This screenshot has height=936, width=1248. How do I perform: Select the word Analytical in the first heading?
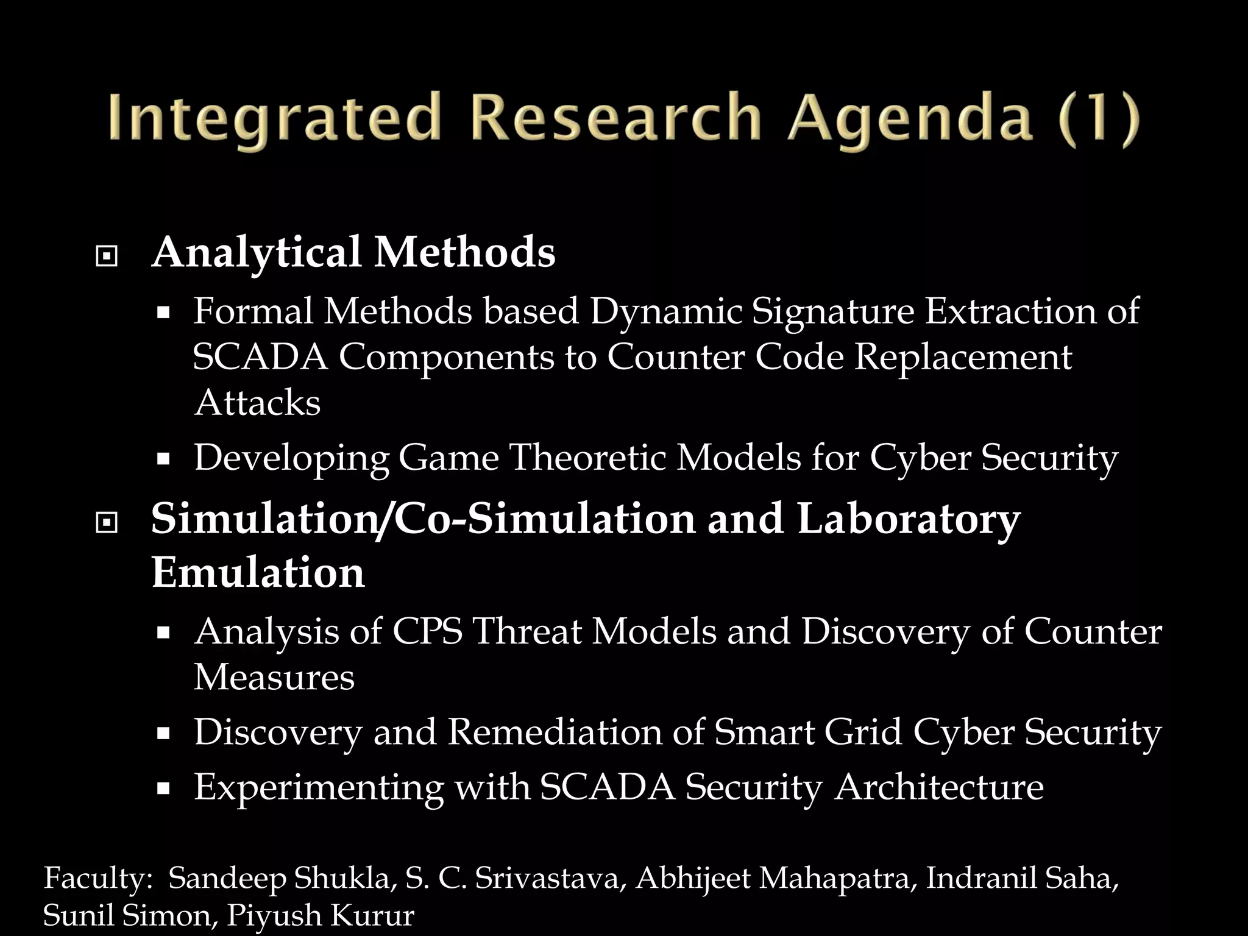coord(257,252)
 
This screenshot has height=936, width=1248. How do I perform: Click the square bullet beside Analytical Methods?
coord(107,257)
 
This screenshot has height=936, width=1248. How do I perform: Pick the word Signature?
coord(832,311)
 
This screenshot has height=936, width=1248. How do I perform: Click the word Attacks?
coord(257,403)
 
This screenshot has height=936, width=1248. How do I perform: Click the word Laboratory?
coord(908,519)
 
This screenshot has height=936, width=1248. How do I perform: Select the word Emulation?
coord(258,573)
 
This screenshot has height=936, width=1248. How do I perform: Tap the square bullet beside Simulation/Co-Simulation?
coord(107,523)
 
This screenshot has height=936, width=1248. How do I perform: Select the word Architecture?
coord(939,787)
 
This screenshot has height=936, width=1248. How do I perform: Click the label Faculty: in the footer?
coord(97,879)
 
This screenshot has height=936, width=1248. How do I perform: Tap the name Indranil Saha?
coord(1022,879)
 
